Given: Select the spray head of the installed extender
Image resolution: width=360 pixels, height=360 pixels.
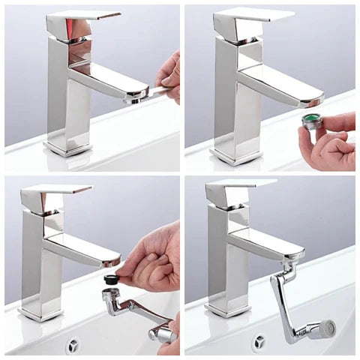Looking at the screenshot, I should (x=322, y=328).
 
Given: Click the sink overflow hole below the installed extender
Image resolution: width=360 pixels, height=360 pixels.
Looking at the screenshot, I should (x=261, y=341).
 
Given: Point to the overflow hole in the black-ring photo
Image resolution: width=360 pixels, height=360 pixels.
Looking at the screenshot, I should (x=73, y=345).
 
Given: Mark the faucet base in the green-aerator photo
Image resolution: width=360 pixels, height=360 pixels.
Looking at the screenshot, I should (x=234, y=156).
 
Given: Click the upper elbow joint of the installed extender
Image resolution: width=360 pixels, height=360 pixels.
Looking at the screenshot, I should (x=289, y=268).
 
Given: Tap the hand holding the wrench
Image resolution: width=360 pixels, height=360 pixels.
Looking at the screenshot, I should (x=169, y=75).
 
